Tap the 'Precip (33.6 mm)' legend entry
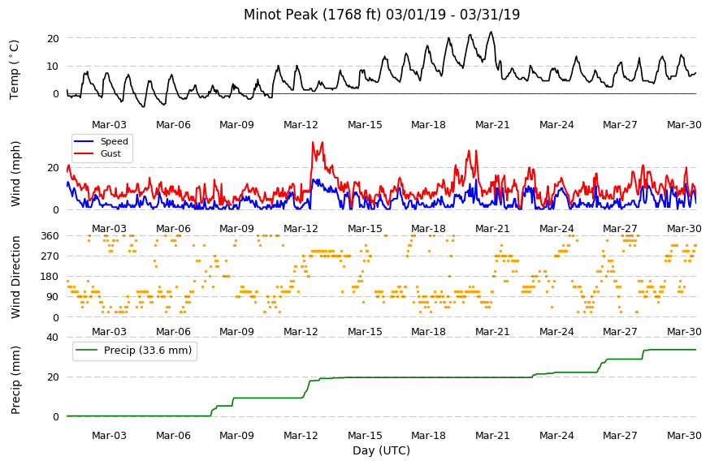point(134,350)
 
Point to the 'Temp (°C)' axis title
point(15,70)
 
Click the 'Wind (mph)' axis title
point(15,174)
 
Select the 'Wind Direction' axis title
point(15,278)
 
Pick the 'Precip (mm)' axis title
point(15,380)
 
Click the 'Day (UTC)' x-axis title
point(381,450)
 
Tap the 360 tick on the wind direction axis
point(50,235)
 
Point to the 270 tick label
point(50,256)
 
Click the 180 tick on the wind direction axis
point(50,277)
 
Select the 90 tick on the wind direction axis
point(53,297)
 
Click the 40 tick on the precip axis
point(53,337)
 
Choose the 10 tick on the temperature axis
point(53,66)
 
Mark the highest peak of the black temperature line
point(491,32)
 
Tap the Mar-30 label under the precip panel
point(684,436)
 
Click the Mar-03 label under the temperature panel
point(109,125)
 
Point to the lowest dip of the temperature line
point(144,107)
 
